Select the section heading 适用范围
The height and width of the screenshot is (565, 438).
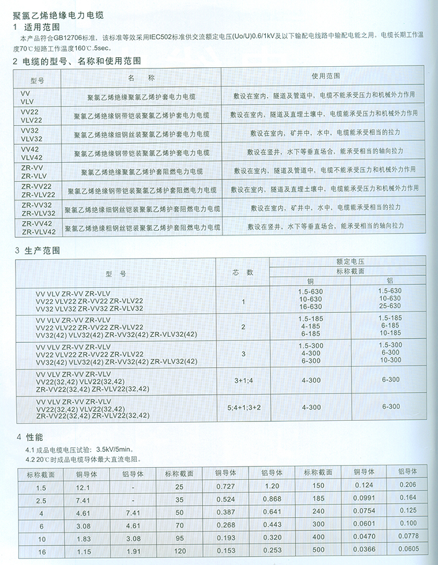click(x=41, y=27)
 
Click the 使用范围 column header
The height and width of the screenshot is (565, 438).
click(x=325, y=77)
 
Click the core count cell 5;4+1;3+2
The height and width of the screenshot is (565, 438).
click(x=243, y=408)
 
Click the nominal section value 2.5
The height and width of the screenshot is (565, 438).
click(x=40, y=499)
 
